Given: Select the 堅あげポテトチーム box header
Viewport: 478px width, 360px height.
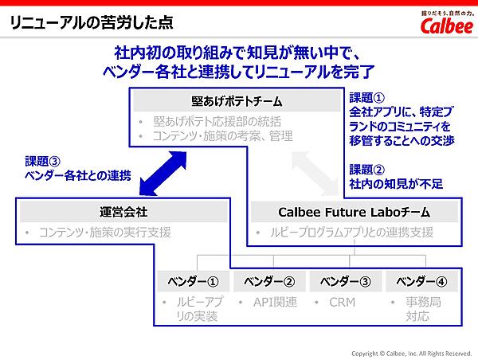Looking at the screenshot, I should [x=237, y=101].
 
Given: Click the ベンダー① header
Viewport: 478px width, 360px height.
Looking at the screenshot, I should [x=190, y=280].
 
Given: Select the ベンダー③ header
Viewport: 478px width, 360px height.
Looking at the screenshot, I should [x=345, y=280].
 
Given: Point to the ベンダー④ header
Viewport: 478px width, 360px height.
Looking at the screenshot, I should [x=421, y=280].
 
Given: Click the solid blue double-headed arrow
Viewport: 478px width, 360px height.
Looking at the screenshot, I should [x=163, y=170].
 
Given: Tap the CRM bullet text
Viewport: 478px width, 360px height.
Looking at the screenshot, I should [x=343, y=302].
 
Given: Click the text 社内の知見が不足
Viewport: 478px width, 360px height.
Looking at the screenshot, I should [x=396, y=184].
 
